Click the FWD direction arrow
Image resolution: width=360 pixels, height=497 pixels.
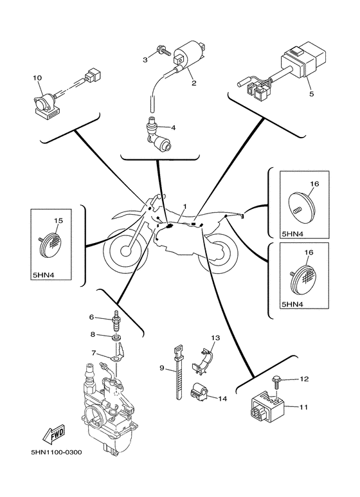point(54,433)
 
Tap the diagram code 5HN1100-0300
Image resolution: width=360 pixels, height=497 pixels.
point(57,452)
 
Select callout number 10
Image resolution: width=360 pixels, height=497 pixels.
point(37,78)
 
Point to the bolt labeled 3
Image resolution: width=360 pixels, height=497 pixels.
point(163,51)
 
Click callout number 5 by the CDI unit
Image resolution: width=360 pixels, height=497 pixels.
point(311,94)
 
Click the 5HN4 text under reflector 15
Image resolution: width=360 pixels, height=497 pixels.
point(43,275)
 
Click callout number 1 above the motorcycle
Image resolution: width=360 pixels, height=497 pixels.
point(184,206)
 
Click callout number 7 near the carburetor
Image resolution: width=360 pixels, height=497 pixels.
point(93,352)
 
